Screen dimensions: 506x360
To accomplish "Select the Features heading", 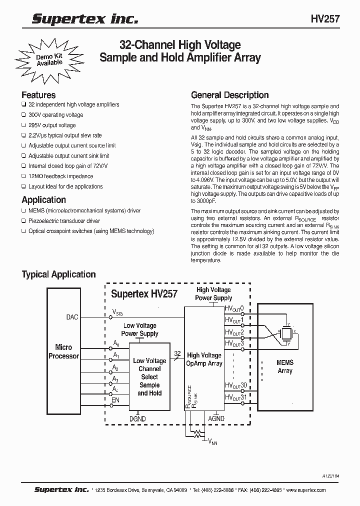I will pos(38,94).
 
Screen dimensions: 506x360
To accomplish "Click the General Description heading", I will pos(230,94).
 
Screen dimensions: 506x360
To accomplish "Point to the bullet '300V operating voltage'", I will pos(55,115).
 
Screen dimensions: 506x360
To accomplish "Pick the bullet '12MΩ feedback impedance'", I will pos(60,176).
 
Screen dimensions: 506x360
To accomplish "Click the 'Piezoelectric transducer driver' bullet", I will pos(64,220).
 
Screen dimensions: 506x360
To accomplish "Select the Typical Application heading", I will pos(58,274).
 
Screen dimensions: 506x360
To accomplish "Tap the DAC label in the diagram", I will pos(72,317).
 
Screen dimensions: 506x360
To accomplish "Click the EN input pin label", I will pos(115,400).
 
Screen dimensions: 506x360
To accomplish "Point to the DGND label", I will pos(137,418).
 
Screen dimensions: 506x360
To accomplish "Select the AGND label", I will pos(216,418).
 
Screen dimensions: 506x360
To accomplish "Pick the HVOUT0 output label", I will pos(234,308).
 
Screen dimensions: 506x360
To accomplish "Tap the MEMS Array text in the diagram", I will pos(284,366).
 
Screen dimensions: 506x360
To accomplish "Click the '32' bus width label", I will pos(177,353).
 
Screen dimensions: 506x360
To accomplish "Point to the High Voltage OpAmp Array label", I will pos(204,359).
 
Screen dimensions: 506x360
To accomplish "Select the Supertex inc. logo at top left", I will pos(84,19).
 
